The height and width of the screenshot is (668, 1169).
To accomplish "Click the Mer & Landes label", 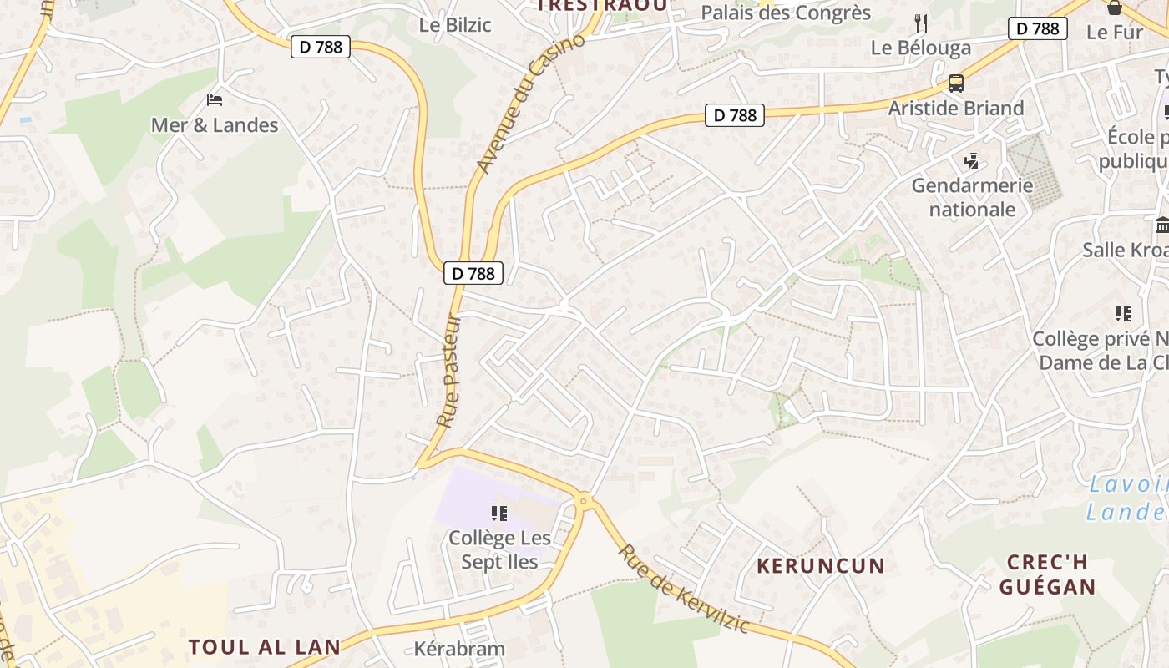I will [215, 125].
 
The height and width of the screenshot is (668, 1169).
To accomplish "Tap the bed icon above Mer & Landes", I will [215, 100].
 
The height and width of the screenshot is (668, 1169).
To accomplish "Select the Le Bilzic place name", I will [455, 24].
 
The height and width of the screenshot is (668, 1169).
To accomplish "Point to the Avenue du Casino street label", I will [531, 105].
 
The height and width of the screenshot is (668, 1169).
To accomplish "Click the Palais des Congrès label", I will [786, 13].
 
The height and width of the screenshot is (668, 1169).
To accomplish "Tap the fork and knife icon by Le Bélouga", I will [921, 23].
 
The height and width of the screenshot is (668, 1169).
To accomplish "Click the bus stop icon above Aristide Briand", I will [955, 83].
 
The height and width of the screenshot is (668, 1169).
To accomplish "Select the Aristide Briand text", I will [955, 109].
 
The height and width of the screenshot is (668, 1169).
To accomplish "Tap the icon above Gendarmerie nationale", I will [971, 159].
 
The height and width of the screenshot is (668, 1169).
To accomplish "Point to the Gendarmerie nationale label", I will [972, 197].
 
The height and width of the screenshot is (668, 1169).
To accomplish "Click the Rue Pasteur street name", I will [449, 371].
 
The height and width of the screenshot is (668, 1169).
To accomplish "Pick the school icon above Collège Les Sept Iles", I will [499, 513].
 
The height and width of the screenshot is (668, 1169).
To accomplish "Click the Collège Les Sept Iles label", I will [500, 549].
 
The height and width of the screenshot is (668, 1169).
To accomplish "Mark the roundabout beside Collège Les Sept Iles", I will [583, 501].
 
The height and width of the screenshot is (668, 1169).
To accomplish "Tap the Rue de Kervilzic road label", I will [684, 589].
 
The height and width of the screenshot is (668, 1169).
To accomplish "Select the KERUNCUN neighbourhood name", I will [820, 566].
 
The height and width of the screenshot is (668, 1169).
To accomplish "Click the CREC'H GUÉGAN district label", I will [1047, 574].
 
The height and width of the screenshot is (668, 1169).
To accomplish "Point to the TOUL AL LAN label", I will [265, 647].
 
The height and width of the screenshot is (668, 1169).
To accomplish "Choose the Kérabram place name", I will [459, 649].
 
